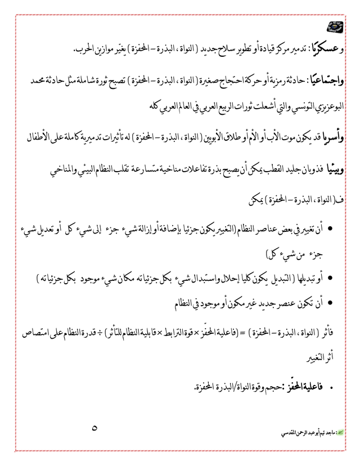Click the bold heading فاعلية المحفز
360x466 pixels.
tap(303, 388)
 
